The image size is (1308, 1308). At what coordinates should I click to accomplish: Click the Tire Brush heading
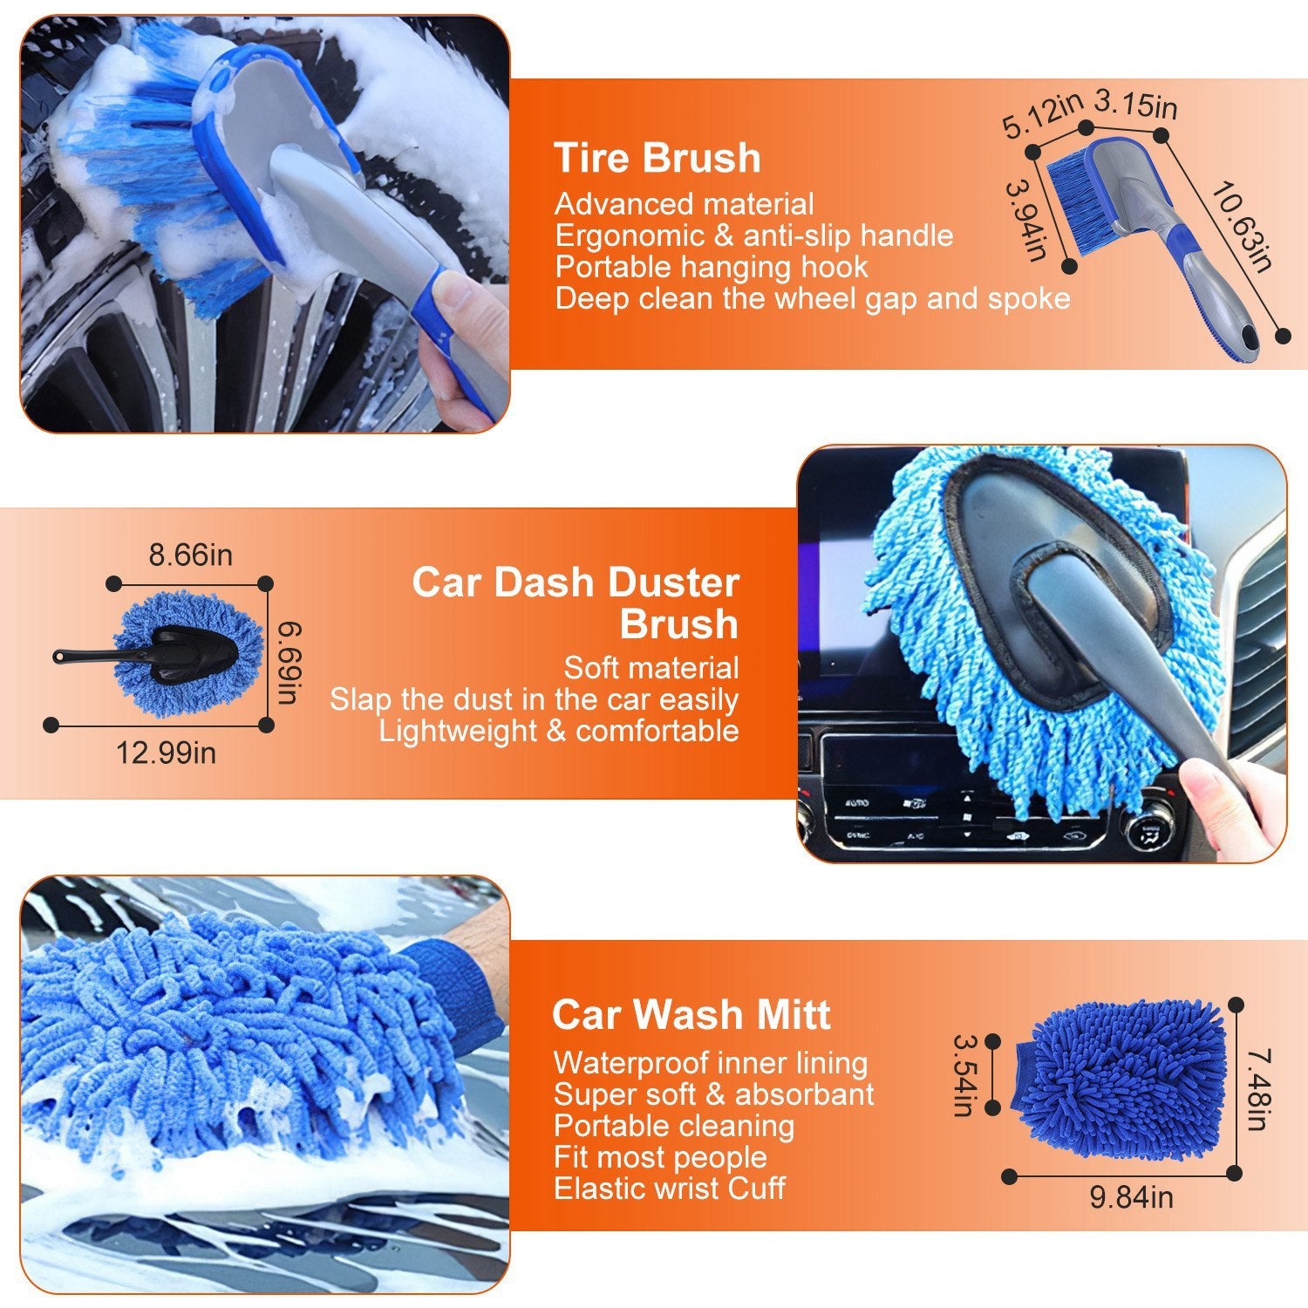657,159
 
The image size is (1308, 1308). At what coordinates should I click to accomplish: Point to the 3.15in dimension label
1135,103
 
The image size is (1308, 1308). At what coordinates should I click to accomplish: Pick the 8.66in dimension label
190,555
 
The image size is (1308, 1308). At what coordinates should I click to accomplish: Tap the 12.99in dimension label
166,752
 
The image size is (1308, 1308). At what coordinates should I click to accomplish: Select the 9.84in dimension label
1131,1197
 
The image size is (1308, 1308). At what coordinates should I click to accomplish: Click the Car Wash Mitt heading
691,1015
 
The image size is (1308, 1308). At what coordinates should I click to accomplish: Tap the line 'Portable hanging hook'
712,267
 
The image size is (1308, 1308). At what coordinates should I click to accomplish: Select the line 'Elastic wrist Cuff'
669,1188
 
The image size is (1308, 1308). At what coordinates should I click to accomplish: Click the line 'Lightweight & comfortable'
558,731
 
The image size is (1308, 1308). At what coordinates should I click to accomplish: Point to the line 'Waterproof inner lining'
710,1063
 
